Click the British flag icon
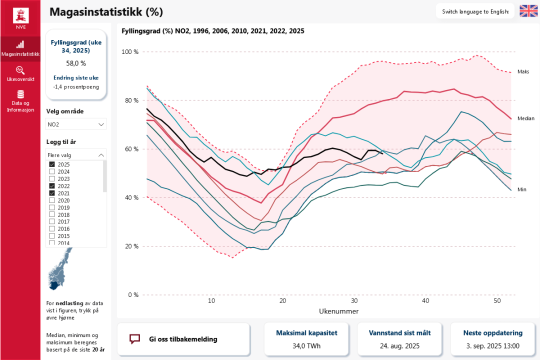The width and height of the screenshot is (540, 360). [x=528, y=11]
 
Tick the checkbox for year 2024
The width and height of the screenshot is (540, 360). [x=52, y=171]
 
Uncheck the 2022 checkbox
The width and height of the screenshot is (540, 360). [x=52, y=185]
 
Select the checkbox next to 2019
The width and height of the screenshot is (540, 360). [x=52, y=207]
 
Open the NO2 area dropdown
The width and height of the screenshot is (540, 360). [x=76, y=124]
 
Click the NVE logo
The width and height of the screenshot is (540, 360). [x=20, y=18]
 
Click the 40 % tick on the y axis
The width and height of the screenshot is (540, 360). [x=131, y=197]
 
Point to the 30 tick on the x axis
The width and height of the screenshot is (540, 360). [x=354, y=301]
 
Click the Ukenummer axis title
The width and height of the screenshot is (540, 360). [x=338, y=311]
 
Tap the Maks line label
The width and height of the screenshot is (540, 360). [x=523, y=71]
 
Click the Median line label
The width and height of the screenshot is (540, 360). [x=525, y=118]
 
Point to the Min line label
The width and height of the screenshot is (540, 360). [x=522, y=189]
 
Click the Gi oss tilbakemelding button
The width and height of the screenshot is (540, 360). [x=183, y=339]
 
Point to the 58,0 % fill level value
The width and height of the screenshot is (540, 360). [x=76, y=63]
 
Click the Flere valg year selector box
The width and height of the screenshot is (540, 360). [x=76, y=155]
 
